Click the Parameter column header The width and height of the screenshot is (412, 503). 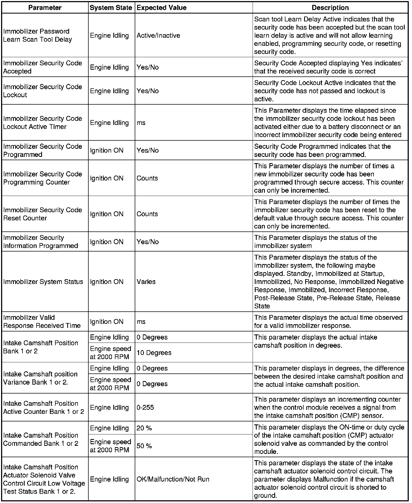coord(45,8)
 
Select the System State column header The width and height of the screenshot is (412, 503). coord(111,8)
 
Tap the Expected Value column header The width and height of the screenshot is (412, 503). coord(162,8)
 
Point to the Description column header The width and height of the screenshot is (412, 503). coord(330,8)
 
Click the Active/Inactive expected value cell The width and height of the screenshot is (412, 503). coord(158,36)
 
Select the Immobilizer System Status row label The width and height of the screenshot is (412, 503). coord(43,282)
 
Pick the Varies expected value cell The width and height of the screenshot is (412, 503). coord(146,282)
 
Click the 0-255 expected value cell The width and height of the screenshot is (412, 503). coord(145,408)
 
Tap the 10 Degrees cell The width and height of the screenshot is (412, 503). coord(154,353)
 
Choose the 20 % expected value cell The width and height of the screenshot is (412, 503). coord(144,428)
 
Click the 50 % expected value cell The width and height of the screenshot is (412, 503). coord(144,446)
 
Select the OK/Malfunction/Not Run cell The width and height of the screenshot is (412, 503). coord(173,479)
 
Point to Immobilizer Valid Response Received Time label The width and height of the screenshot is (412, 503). coord(42,322)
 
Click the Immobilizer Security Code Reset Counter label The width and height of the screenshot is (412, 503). coord(43,214)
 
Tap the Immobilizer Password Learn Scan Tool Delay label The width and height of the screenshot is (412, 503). coord(38,36)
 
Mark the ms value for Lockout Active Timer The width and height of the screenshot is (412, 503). coord(141,123)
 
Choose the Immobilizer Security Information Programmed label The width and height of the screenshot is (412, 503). coord(41,242)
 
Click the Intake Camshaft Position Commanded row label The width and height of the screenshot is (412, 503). coord(41,439)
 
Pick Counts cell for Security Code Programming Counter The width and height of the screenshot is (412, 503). coord(147,178)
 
